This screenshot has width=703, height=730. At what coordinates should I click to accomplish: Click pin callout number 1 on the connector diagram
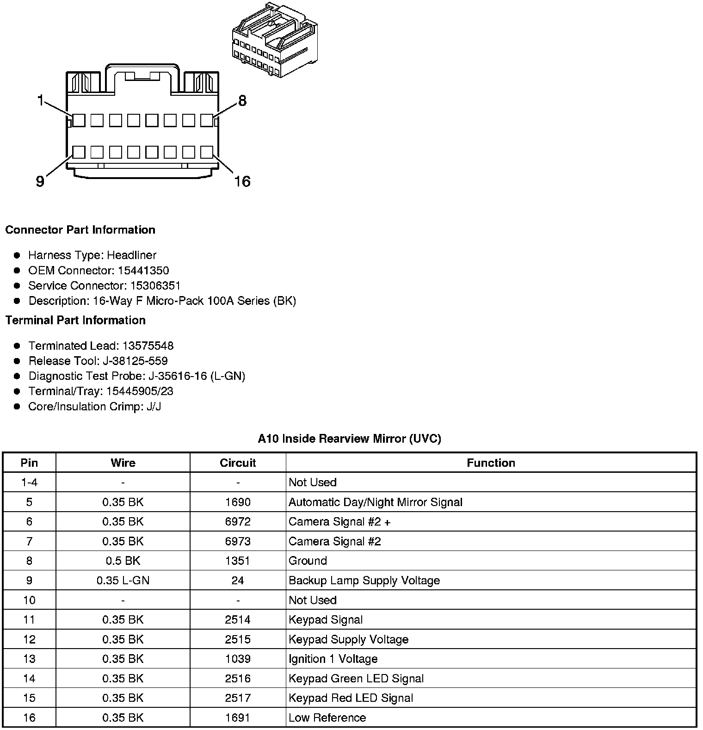41,99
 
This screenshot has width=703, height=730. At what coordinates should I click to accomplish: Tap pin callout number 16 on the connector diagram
242,181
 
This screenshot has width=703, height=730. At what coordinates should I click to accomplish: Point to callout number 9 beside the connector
40,181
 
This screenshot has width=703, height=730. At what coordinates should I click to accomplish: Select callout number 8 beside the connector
242,100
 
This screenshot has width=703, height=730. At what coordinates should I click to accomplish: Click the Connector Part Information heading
80,230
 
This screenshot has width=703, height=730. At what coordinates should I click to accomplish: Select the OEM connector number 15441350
143,271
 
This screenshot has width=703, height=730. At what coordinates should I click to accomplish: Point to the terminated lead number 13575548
148,346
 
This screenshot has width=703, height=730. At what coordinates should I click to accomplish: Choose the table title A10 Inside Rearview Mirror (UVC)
349,439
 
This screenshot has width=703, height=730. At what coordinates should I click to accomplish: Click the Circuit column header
238,463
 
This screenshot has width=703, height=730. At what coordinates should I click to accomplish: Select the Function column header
491,463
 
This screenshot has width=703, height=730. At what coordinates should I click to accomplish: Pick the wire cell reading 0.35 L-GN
123,581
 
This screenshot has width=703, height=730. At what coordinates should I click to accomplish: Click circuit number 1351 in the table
238,561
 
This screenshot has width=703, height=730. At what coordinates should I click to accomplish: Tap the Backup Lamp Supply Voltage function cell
364,581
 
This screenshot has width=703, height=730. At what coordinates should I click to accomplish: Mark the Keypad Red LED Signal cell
351,698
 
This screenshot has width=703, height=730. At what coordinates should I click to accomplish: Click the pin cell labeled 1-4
29,483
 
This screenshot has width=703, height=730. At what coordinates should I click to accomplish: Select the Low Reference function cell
327,718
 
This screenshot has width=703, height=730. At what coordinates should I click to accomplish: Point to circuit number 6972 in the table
238,522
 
